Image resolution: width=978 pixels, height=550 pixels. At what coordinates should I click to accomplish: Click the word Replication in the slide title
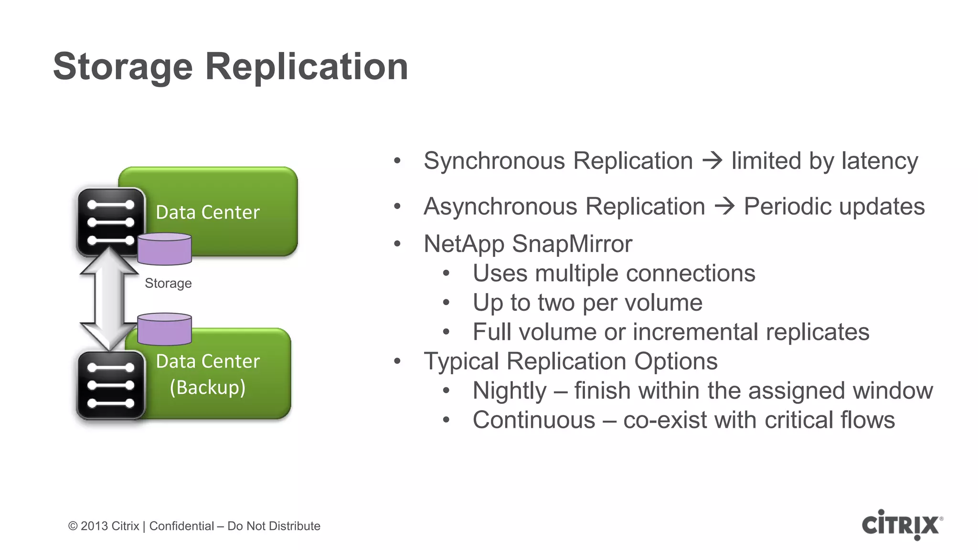307,67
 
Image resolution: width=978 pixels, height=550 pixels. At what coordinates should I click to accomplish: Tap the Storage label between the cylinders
168,283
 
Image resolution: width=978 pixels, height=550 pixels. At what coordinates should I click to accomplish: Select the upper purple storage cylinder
164,249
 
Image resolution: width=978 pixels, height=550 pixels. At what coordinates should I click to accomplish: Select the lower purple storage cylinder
164,329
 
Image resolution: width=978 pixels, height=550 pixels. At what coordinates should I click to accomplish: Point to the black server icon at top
110,222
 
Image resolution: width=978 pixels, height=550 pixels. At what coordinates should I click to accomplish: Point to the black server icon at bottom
110,385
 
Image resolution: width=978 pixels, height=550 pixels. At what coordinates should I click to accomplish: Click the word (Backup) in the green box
208,387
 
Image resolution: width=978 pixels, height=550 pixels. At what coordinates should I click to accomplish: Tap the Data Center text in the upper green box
208,212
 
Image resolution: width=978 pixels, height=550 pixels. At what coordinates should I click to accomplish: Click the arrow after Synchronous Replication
712,160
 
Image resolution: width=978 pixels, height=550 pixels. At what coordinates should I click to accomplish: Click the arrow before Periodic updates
724,207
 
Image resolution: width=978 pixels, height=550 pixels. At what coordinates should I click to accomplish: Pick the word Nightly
509,391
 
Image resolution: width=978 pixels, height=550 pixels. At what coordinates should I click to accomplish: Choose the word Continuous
533,420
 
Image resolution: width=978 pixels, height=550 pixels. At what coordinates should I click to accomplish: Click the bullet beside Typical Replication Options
397,361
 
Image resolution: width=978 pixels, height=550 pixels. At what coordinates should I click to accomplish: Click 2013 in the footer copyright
94,526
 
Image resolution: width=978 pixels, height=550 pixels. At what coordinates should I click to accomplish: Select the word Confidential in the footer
181,526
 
